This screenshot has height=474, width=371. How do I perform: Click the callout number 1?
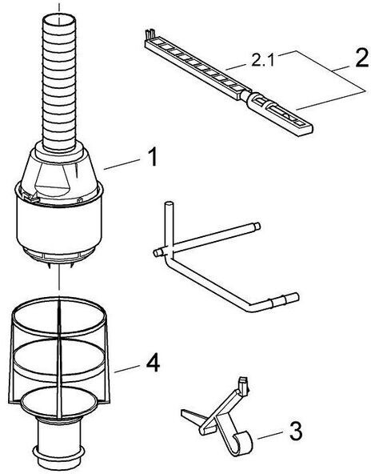[154, 157]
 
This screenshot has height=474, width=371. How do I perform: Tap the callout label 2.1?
[262, 61]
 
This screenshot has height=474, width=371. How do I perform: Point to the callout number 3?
[296, 432]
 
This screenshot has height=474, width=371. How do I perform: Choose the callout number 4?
[153, 363]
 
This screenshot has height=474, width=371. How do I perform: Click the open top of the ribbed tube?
[59, 20]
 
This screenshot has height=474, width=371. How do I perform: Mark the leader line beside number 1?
[122, 164]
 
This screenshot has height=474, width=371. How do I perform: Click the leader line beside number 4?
[127, 369]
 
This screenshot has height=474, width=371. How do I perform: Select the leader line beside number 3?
[270, 436]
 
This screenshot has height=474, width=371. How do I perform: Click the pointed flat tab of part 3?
[191, 416]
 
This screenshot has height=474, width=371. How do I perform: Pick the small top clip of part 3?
[243, 384]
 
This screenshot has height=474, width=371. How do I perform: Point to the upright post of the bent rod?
[169, 225]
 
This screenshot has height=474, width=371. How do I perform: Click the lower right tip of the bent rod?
[294, 298]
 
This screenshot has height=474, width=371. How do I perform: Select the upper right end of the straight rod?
[257, 226]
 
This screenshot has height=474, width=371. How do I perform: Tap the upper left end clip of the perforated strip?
[150, 34]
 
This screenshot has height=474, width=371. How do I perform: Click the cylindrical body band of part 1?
[59, 223]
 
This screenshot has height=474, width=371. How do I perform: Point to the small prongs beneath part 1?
[61, 266]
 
